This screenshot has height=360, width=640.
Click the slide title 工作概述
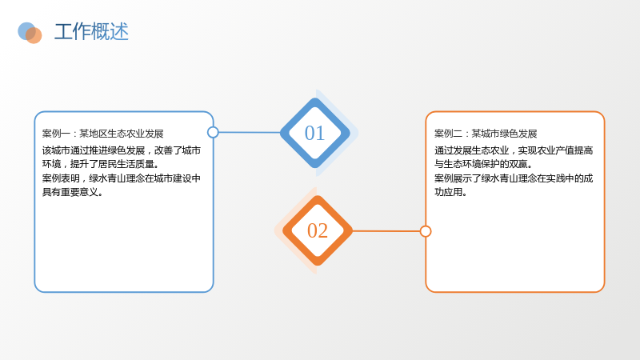(91, 32)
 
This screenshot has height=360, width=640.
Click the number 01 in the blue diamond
(314, 133)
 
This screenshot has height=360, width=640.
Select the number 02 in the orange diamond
(318, 230)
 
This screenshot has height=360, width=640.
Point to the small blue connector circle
(213, 132)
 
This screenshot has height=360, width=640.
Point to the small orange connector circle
(426, 231)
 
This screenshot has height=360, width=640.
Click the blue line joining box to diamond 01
(250, 132)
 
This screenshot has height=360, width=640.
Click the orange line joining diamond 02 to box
(386, 231)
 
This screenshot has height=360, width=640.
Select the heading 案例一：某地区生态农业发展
(103, 134)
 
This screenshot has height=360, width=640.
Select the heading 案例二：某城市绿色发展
(486, 134)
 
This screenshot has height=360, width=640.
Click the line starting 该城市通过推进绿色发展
(122, 150)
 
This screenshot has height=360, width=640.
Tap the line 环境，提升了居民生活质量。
(101, 164)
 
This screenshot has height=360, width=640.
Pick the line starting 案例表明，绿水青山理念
(122, 178)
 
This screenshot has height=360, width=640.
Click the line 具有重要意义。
(73, 192)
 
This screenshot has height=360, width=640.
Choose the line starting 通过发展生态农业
(514, 150)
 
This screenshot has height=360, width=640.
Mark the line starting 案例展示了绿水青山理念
(514, 178)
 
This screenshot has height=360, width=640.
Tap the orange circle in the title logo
(34, 35)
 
